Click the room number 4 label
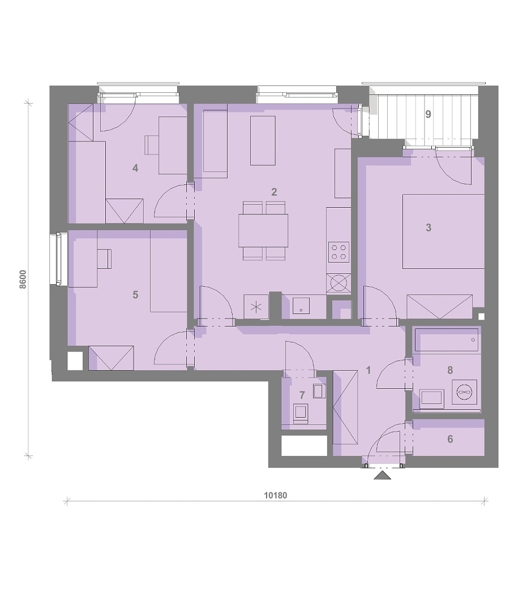tap(135, 168)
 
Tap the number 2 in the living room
tap(274, 192)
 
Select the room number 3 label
tap(428, 227)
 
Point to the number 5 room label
tap(135, 295)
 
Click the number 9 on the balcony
tap(428, 114)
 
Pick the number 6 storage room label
tap(450, 439)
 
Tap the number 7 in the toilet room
tap(302, 395)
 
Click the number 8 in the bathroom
tap(450, 370)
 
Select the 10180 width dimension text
tap(276, 495)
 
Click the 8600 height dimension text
tap(23, 280)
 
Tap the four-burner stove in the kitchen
tap(338, 252)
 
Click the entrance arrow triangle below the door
tap(382, 475)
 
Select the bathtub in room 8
tap(447, 340)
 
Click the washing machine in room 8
tap(464, 392)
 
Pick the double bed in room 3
tap(444, 231)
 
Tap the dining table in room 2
tap(263, 231)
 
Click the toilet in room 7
tap(301, 413)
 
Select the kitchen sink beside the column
tap(301, 306)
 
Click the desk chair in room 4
tap(151, 145)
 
